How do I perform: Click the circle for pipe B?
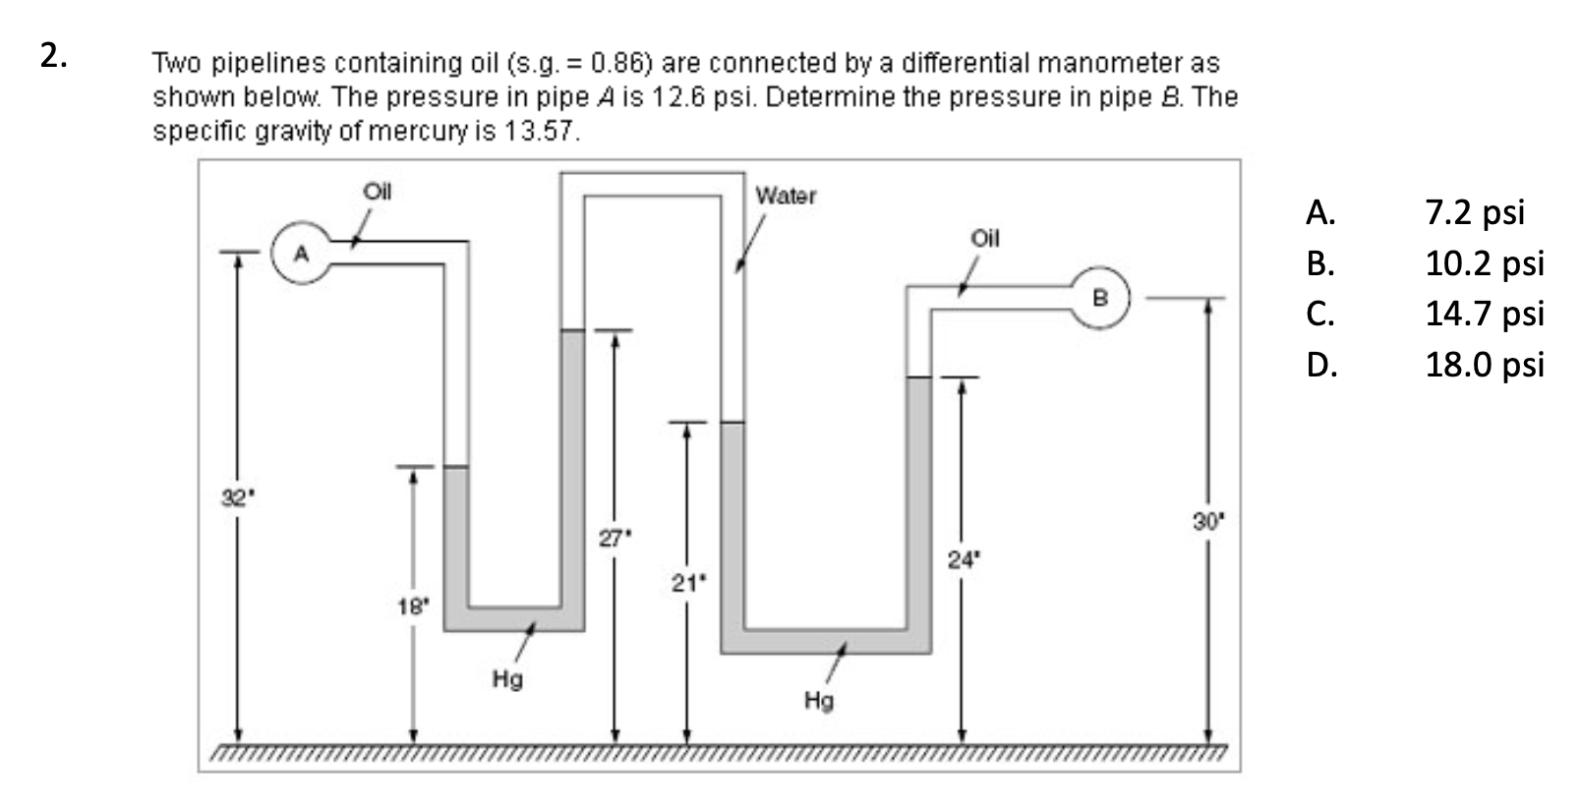(x=1100, y=297)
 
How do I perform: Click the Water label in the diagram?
(x=786, y=196)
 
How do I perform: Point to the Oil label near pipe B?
(x=984, y=238)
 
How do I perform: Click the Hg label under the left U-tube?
(x=507, y=678)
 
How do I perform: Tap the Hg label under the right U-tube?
(x=819, y=700)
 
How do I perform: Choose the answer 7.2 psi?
(x=1474, y=211)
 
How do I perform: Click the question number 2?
(x=53, y=56)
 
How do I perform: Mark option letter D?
(x=1321, y=365)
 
